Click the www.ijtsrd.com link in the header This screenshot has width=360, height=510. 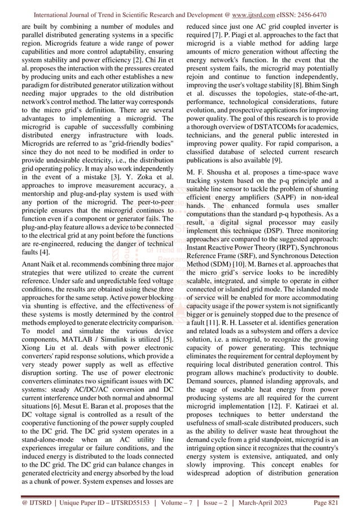(264, 10)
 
